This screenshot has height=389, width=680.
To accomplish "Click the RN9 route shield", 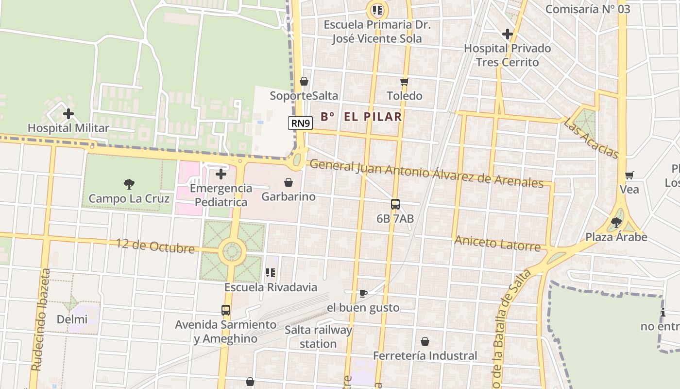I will [300, 124].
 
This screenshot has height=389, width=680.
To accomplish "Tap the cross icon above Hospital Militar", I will [68, 114].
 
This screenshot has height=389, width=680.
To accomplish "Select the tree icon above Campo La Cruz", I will [129, 184].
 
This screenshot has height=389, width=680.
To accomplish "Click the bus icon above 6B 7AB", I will [395, 204].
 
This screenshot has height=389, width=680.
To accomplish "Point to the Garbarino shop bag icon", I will [289, 182].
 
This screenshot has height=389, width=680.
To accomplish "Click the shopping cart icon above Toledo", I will [404, 82].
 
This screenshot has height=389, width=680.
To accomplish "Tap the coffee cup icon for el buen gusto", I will [363, 293].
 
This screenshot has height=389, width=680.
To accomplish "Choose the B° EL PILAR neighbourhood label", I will [361, 117].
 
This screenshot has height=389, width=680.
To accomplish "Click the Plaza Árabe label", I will [616, 237].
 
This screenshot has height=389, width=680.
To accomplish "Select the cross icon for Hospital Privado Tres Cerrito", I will [508, 34].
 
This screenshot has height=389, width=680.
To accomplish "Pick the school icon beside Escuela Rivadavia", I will [271, 273].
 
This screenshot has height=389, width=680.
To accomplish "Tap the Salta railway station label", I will [318, 336].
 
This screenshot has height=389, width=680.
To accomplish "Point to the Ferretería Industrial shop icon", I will [425, 341].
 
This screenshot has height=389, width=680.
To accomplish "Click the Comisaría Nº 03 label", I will [588, 9].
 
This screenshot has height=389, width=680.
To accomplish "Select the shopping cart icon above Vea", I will [629, 175].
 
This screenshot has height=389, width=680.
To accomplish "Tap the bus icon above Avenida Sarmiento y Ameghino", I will [226, 310].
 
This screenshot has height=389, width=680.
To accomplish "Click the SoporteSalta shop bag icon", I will [304, 81].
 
